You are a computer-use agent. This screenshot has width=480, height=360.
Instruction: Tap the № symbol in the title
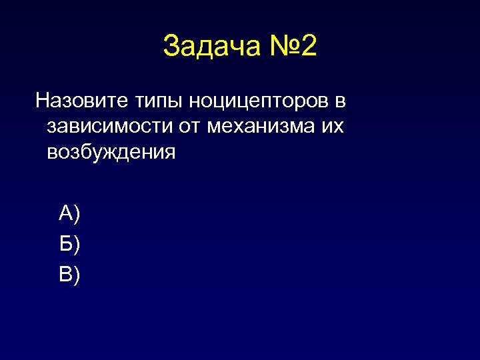280,47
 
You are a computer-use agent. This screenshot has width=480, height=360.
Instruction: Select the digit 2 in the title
309,47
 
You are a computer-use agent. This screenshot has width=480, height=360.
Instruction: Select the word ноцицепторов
259,103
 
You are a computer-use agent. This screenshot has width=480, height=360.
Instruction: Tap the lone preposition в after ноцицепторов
340,102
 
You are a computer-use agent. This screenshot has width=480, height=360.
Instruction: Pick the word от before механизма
187,127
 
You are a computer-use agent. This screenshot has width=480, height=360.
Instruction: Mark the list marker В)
69,274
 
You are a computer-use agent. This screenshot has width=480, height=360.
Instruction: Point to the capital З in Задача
171,47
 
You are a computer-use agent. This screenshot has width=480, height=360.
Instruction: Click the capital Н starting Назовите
42,101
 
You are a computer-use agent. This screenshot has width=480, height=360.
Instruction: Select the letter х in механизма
242,127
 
